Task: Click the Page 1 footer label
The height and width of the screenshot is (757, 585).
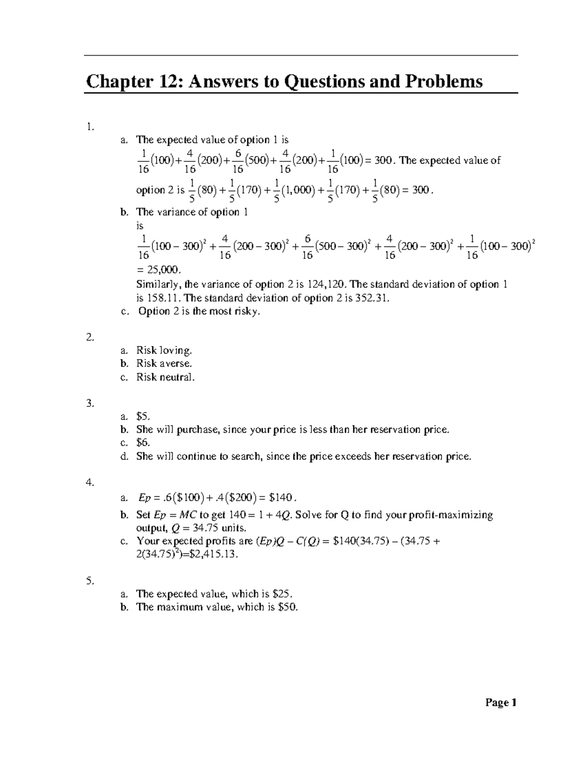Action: click(x=501, y=702)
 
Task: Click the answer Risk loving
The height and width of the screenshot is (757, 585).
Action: click(x=164, y=350)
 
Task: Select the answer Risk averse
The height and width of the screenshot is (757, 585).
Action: click(x=164, y=363)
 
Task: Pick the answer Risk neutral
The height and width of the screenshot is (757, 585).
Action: click(x=165, y=377)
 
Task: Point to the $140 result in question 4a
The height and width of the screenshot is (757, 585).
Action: click(x=281, y=498)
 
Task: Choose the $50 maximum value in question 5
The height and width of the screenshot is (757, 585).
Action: click(x=287, y=607)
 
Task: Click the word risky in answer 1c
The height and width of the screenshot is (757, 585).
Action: click(x=248, y=311)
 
